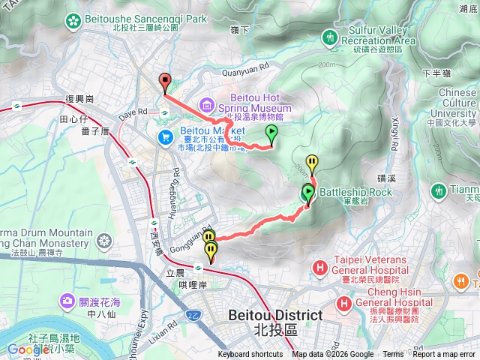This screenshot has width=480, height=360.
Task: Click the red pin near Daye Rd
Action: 164,82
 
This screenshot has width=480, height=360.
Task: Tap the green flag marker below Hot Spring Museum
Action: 271,134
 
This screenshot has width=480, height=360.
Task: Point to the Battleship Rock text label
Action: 355,193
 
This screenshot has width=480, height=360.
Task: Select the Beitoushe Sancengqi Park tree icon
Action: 73,19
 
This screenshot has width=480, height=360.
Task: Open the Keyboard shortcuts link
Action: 250,355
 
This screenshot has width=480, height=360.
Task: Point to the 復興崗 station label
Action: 79,99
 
